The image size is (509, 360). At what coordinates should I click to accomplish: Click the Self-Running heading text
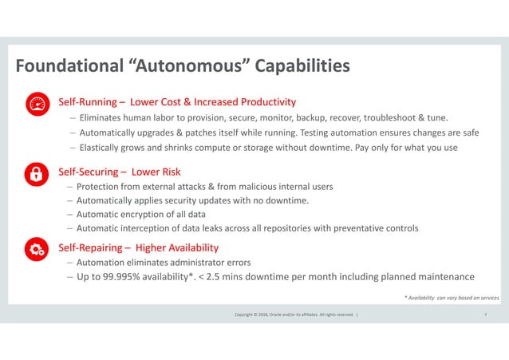[x=87, y=102]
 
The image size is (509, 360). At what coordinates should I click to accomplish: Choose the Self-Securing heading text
[x=90, y=171]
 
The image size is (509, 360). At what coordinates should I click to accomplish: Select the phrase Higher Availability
[x=176, y=247]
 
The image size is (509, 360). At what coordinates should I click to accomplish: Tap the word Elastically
[x=106, y=148]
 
